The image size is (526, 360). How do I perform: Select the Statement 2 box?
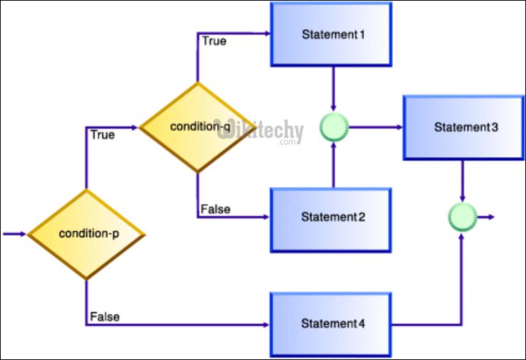(330, 217)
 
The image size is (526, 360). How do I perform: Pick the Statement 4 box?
(330, 324)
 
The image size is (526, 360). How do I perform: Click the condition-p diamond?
(86, 233)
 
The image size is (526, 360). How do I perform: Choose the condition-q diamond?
(197, 127)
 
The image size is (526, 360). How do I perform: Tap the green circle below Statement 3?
(463, 216)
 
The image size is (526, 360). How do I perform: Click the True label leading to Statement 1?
(214, 41)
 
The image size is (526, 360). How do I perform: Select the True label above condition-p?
(102, 134)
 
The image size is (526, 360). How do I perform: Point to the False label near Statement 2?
(214, 208)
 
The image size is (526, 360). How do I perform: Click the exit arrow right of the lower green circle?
(487, 216)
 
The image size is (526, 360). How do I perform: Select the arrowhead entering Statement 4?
(265, 324)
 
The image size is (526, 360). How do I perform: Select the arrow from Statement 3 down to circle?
(463, 181)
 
